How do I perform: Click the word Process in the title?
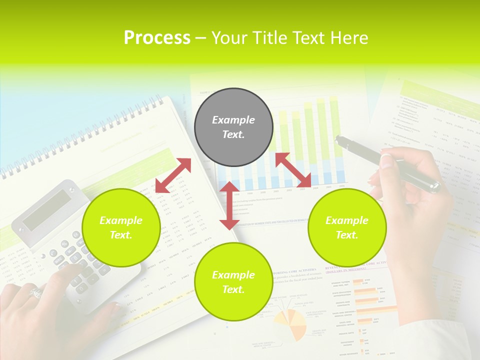click(157, 38)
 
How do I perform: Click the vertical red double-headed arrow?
click(229, 205)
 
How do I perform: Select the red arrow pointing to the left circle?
click(173, 175)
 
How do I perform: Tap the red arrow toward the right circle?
click(293, 170)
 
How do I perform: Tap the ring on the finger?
click(36, 292)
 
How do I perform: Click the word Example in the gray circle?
click(233, 120)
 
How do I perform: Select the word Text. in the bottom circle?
click(233, 289)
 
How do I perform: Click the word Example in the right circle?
click(347, 220)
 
